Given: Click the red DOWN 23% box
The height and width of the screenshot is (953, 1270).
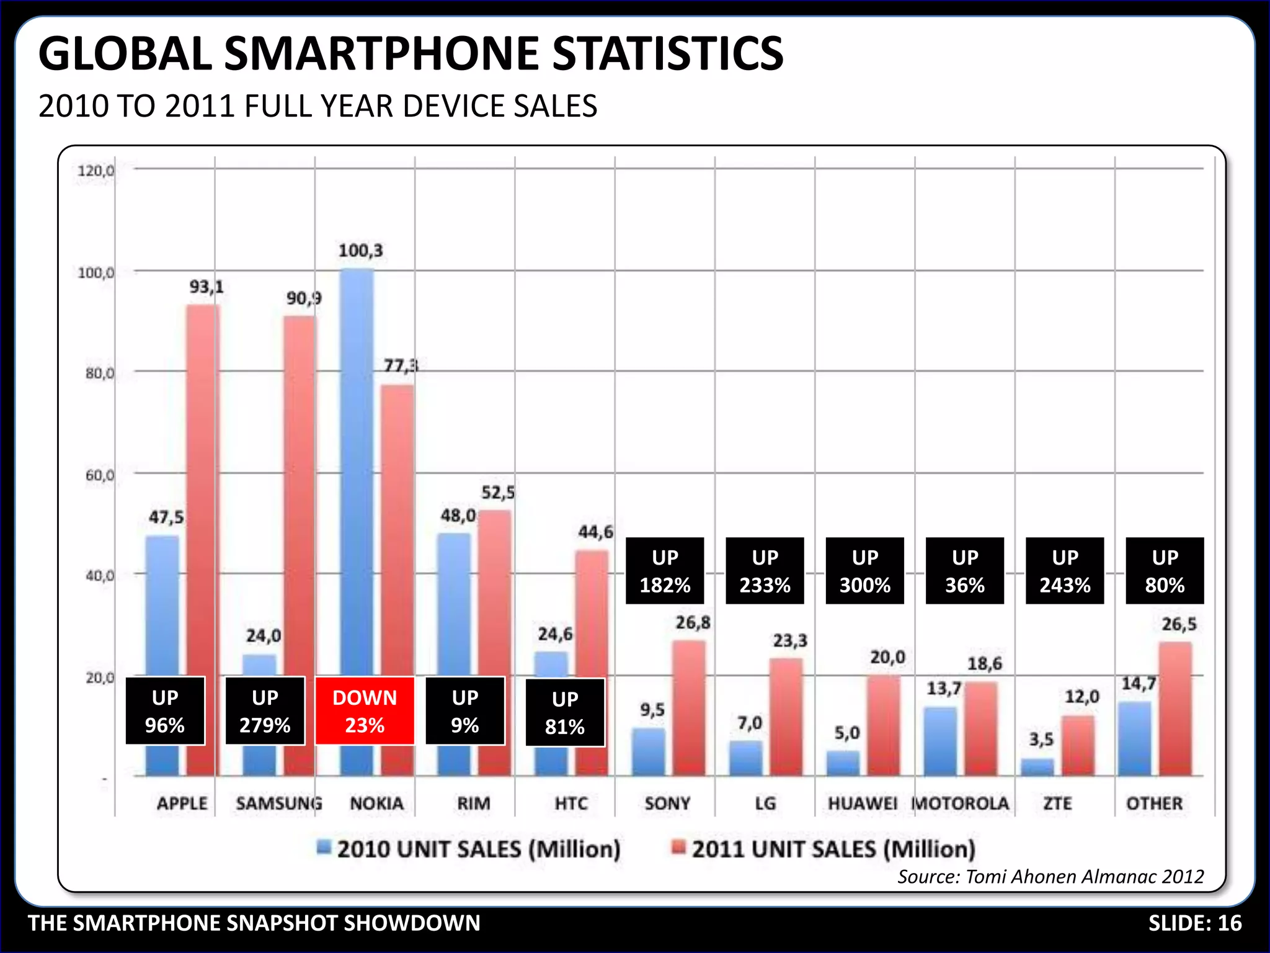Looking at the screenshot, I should (365, 711).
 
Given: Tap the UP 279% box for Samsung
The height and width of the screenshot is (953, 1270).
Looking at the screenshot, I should (265, 711).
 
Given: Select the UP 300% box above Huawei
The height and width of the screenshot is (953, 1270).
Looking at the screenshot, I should (864, 571).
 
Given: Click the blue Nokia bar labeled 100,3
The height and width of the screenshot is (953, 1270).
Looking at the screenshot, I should (357, 472).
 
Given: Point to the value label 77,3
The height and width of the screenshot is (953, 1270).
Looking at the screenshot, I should (401, 365).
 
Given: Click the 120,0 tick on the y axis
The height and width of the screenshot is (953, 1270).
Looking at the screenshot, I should (95, 171).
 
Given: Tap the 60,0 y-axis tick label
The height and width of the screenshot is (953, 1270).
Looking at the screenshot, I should (99, 475).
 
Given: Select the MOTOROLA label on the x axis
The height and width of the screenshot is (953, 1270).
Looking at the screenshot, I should (961, 803).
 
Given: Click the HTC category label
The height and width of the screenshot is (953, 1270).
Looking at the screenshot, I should (571, 803).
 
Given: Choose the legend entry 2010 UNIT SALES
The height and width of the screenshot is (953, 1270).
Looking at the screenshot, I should (477, 849).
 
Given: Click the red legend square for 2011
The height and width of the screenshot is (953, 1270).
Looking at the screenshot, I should (679, 847).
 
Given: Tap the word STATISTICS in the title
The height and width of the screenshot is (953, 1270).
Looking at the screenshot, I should (668, 54).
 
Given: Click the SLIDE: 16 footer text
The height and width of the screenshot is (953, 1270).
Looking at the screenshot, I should (1194, 923).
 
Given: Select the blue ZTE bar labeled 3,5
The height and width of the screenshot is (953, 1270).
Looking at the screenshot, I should (1037, 767).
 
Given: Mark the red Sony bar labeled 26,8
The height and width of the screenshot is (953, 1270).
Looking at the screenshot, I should (689, 707).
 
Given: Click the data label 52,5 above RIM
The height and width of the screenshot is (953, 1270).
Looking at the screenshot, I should (498, 493).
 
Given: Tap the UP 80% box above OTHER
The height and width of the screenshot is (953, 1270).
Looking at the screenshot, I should (1165, 571).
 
